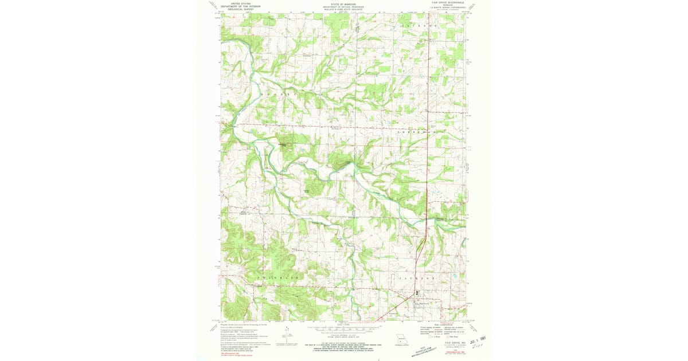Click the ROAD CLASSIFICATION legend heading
(440, 324)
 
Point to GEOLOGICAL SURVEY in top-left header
(240, 9)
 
